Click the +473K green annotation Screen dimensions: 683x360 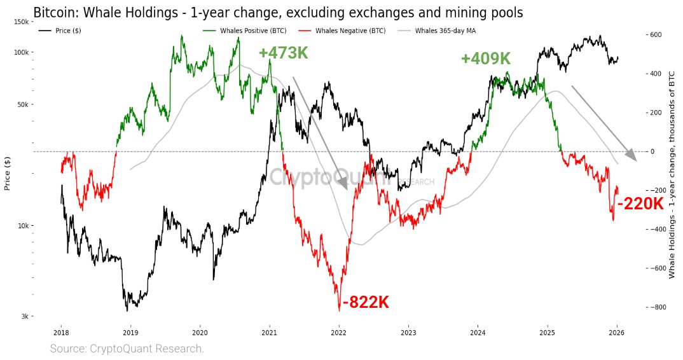pos(283,53)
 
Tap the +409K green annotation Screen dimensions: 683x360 pos(486,59)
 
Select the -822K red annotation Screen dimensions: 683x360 pos(366,302)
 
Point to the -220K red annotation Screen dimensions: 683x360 pos(640,204)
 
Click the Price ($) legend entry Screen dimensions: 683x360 pos(60,31)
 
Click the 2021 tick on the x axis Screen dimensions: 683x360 pos(269,333)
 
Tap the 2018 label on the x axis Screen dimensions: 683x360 pos(61,333)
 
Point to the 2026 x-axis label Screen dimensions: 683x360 pos(617,333)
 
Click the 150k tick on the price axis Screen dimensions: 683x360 pos(22,22)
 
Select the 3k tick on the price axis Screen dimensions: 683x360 pos(24,316)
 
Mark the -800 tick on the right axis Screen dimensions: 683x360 pos(656,307)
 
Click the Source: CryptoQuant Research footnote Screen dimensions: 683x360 pos(127,349)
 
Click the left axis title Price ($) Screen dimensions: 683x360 pos(8,173)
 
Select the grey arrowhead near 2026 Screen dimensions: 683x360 pos(631,155)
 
